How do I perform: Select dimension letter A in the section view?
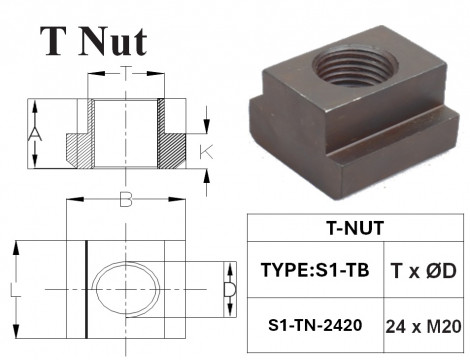(x=35, y=135)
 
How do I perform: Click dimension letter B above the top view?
(x=125, y=200)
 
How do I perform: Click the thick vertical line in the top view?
(x=87, y=289)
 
